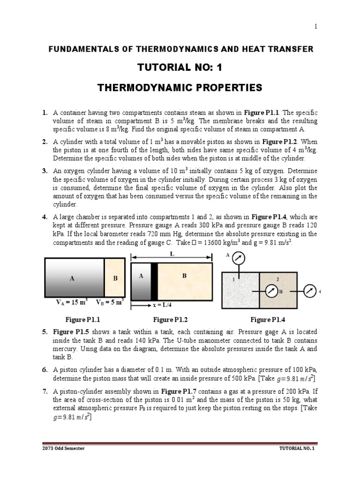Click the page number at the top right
point(315,26)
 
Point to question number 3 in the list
point(45,171)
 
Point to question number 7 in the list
point(45,391)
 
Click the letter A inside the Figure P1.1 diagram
point(72,278)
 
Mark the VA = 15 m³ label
point(72,302)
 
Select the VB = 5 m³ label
point(110,302)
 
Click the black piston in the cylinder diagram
point(154,281)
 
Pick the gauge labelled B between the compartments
point(272,291)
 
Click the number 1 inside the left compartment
point(233,279)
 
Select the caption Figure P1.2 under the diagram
point(171,320)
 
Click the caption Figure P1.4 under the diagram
point(268,320)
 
